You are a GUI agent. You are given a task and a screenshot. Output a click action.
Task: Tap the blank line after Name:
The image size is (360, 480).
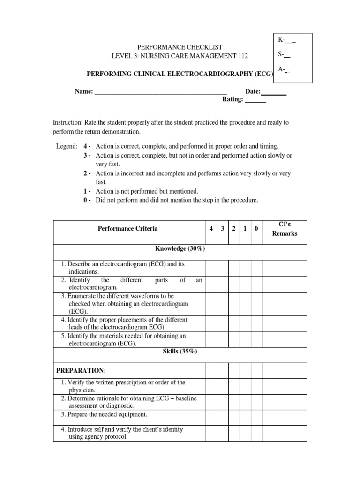[x=161, y=92]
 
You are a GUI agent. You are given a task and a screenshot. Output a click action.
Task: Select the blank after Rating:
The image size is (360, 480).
[x=255, y=100]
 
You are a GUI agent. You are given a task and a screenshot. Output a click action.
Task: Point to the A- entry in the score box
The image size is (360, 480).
[x=284, y=69]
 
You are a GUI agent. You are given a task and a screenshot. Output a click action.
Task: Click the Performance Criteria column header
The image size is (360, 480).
[x=127, y=229]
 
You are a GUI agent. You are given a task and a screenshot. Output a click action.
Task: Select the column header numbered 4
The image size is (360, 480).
[x=211, y=229]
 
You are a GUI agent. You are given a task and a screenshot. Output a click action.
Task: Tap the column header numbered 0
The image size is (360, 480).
[x=256, y=229]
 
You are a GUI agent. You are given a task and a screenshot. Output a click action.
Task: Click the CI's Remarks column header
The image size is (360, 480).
[x=285, y=229]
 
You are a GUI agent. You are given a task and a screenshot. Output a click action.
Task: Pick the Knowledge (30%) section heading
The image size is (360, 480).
[x=180, y=249]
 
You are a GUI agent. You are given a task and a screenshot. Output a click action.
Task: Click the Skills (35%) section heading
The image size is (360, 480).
[x=180, y=352]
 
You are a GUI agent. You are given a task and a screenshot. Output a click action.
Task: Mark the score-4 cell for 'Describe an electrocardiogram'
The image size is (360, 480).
[x=211, y=268]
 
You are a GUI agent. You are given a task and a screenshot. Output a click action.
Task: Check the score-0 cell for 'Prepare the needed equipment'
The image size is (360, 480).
[x=256, y=415]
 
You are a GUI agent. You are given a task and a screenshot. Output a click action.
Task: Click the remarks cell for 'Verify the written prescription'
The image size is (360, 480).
[x=285, y=386]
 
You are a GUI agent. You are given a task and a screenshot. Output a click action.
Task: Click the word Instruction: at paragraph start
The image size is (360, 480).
[x=68, y=122]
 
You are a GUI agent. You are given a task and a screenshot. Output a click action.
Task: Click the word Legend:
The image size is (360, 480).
[x=67, y=146]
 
